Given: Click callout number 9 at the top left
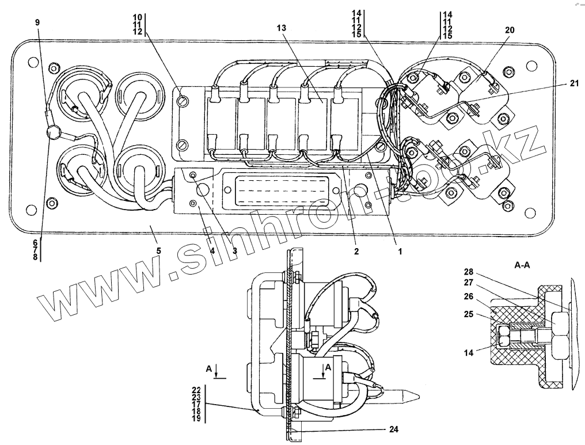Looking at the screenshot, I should [37, 22].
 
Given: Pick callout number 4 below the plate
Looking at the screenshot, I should [212, 251].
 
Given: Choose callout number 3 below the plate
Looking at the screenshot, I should [235, 251].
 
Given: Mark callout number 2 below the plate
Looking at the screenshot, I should [356, 252].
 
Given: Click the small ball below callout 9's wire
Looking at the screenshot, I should [53, 132].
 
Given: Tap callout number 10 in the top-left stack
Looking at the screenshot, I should [138, 17].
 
